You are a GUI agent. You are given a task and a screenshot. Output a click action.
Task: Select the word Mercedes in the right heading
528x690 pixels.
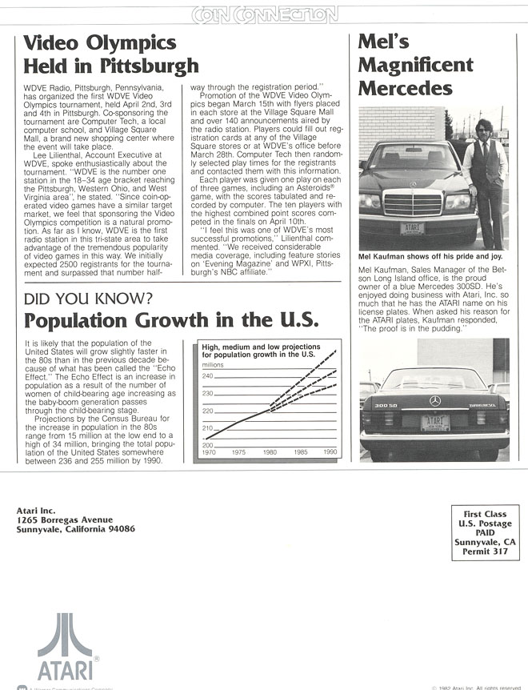coord(405,88)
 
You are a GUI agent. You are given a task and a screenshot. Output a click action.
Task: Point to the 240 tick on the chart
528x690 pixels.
coord(206,376)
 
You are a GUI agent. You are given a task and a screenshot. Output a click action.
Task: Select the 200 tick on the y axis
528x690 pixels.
coord(206,444)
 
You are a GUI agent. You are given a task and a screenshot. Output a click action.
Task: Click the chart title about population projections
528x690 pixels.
coord(258,349)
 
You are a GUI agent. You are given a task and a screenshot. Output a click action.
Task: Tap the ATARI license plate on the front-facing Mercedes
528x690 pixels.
coord(412,228)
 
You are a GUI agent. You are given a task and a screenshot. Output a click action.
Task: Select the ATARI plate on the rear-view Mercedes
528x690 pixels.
coord(434,423)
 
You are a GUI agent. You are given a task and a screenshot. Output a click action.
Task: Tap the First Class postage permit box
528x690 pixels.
coord(485,532)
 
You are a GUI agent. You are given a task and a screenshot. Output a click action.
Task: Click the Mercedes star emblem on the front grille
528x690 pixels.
coord(413,184)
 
